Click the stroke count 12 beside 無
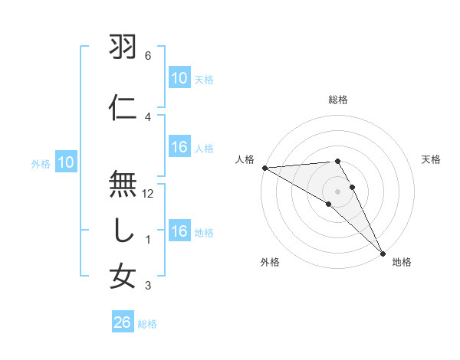[149, 194]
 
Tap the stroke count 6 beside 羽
[148, 56]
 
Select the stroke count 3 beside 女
[148, 286]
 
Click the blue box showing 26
[123, 323]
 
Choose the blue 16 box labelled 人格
[179, 148]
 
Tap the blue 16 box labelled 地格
[179, 232]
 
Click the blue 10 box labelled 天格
[179, 78]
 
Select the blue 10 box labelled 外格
[66, 162]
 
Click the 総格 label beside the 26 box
[147, 324]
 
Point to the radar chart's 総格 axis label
[337, 100]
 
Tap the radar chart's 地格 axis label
[402, 263]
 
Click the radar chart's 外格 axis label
[270, 263]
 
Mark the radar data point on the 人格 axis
[264, 168]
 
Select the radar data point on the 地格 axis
[383, 252]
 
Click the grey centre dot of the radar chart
[337, 191]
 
